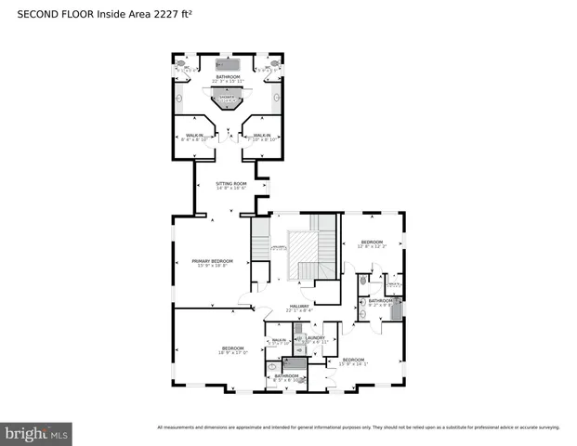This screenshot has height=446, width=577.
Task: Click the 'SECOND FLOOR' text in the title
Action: pyautogui.click(x=47, y=14)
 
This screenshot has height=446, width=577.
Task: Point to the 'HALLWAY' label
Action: pyautogui.click(x=298, y=308)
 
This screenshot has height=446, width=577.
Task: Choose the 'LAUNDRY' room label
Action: pyautogui.click(x=315, y=339)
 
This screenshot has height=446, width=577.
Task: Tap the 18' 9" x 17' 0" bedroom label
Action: pyautogui.click(x=232, y=350)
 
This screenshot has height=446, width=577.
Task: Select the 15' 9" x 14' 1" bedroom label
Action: pyautogui.click(x=353, y=361)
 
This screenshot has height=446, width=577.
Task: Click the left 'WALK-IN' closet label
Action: pyautogui.click(x=194, y=138)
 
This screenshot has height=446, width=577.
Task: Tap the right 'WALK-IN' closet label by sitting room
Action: pyautogui.click(x=260, y=138)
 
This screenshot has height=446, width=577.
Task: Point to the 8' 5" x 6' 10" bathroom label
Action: pyautogui.click(x=286, y=377)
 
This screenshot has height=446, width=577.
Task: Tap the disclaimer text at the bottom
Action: pyautogui.click(x=358, y=427)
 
